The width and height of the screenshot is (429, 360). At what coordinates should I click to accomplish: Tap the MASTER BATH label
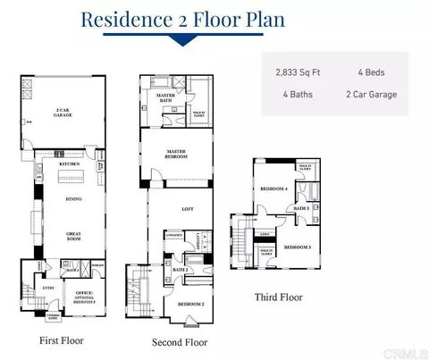tap(165, 97)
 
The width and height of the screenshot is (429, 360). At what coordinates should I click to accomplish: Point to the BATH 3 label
tap(301, 209)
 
